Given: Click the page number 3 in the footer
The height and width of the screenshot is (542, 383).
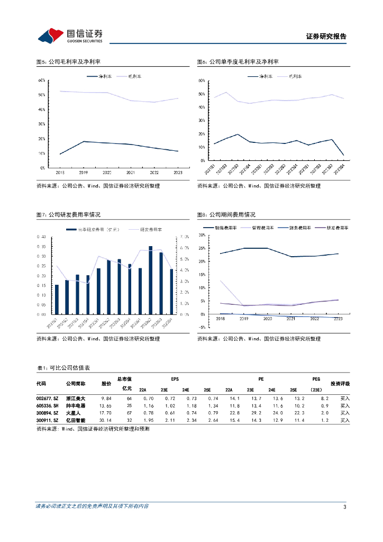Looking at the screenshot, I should (x=344, y=507).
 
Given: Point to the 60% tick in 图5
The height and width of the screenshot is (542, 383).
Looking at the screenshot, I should (x=41, y=80).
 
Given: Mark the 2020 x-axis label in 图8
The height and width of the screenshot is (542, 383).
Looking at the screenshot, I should (x=267, y=319).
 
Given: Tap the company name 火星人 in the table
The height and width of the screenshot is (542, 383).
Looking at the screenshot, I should (x=72, y=413).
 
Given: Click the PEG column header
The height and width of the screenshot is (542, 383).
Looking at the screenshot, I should (x=316, y=379).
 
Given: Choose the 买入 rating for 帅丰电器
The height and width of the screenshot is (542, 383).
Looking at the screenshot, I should (x=345, y=405).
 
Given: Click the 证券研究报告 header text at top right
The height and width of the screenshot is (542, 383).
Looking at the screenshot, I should (x=326, y=37).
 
